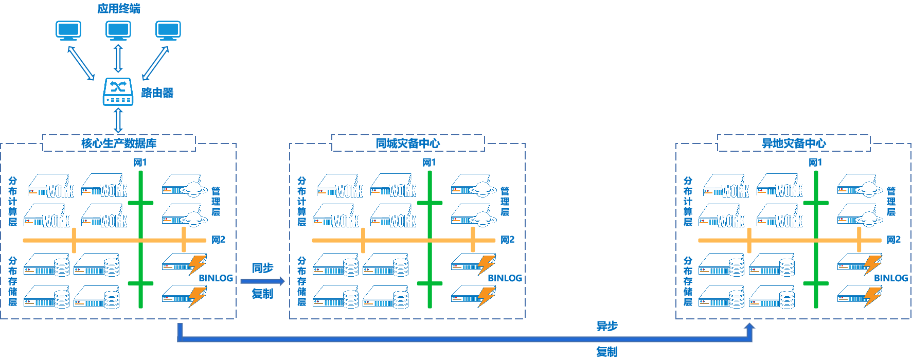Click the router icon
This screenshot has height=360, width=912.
coord(118,92)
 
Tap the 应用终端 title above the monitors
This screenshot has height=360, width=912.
coord(119,8)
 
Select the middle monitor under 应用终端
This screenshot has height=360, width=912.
coord(118,30)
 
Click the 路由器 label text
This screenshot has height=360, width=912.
coord(157,93)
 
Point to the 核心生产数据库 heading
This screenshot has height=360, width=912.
coord(119,143)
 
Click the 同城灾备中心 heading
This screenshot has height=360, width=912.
coord(408,143)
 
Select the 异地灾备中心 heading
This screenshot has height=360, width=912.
coord(794,143)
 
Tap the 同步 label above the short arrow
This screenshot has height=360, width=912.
coord(262,268)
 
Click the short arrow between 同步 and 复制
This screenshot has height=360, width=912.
coord(262,281)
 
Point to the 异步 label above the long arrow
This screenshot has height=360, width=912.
coord(607,326)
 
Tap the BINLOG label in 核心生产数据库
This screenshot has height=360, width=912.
coord(216,278)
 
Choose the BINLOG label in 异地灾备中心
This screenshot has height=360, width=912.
coord(891,278)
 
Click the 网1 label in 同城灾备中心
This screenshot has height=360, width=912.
coord(429,163)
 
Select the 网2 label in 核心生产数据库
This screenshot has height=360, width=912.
coord(219,240)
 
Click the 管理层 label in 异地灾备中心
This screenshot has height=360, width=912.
coord(891,202)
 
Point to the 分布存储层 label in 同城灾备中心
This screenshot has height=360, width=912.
coord(301,281)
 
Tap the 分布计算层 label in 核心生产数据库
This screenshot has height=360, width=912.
coord(13,202)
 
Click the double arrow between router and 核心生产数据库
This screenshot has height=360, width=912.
coord(118,121)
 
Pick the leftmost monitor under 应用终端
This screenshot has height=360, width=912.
coord(68,30)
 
